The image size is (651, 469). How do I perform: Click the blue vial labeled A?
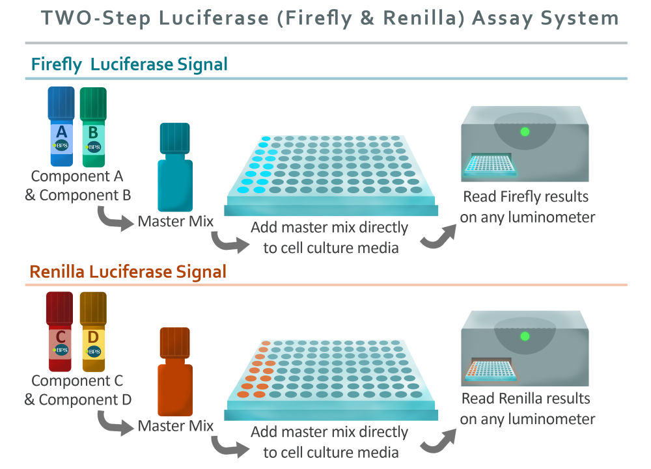tap(61, 126)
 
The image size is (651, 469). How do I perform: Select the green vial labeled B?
tap(93, 127)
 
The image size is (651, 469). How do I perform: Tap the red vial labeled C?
tap(59, 331)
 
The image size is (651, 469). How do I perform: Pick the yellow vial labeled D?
tap(93, 332)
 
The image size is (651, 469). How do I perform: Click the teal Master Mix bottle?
tap(174, 167)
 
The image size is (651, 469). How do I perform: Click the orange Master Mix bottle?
tap(174, 371)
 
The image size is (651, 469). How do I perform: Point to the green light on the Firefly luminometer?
tap(525, 132)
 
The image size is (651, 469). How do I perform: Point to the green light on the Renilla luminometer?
tap(525, 336)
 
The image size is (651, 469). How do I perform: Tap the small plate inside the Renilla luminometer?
tap(490, 370)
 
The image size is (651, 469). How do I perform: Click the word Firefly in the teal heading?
tap(57, 64)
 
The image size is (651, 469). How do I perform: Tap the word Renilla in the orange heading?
tap(57, 272)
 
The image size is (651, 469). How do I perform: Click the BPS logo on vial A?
tap(61, 146)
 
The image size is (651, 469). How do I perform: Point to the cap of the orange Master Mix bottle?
tap(174, 343)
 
